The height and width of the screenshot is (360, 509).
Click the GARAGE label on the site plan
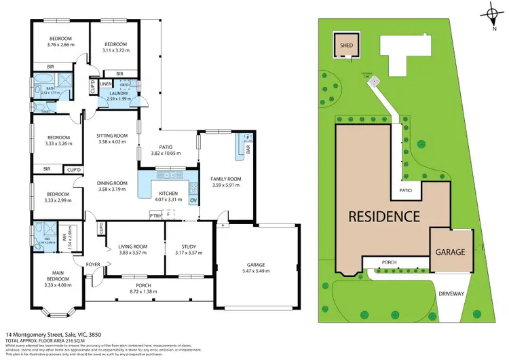pos(450,251)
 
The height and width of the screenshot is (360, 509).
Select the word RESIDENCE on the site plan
pos(383,218)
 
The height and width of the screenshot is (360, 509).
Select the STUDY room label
pos(189,247)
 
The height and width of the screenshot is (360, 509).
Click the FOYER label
pos(92,264)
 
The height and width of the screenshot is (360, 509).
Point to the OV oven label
pos(193,200)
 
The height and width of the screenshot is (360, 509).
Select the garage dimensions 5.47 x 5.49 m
pos(257,271)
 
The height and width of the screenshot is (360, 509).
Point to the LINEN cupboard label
pos(105,84)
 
